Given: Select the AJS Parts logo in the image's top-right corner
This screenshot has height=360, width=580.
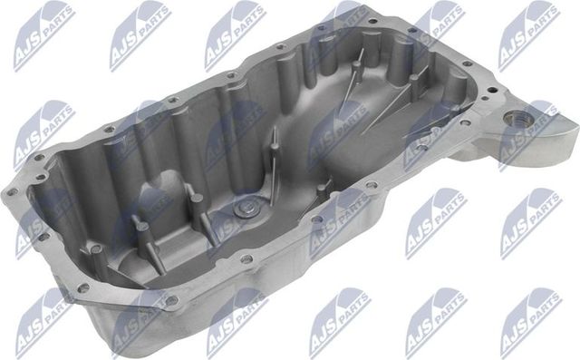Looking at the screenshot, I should (x=530, y=32).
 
